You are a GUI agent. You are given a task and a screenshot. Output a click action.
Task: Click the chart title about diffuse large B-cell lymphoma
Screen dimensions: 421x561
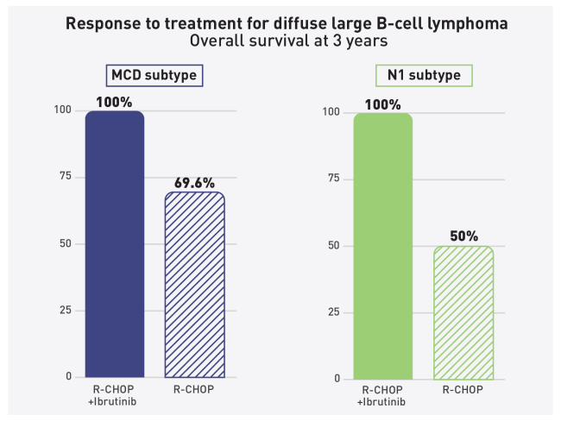point(280,22)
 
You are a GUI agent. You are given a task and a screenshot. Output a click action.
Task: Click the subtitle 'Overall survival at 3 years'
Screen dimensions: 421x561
point(280,40)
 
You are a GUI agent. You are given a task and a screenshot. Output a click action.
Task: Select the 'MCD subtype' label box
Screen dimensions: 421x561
point(153,76)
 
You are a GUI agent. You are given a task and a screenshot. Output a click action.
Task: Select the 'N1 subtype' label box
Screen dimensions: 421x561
point(422,76)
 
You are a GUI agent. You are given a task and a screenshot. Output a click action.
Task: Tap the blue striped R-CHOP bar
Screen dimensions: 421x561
point(194,285)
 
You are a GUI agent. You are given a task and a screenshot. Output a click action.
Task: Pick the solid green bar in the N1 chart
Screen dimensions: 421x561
point(383,246)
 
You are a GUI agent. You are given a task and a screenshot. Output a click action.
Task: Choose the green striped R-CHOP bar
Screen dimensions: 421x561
point(463,312)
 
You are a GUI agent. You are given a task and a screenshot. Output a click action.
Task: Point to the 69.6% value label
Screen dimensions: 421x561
point(196,184)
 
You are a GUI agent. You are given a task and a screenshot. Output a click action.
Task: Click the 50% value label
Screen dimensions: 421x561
point(463,236)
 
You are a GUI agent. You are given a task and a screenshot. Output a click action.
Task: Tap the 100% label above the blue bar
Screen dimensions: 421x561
point(114,103)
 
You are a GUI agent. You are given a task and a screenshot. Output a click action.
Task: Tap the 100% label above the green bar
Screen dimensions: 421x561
point(383,104)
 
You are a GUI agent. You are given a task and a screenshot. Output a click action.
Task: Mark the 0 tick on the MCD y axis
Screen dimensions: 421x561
point(66,377)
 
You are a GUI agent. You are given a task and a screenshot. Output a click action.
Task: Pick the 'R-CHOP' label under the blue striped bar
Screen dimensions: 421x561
point(194,390)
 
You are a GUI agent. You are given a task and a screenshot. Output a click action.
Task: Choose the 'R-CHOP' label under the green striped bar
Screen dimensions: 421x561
point(463,392)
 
